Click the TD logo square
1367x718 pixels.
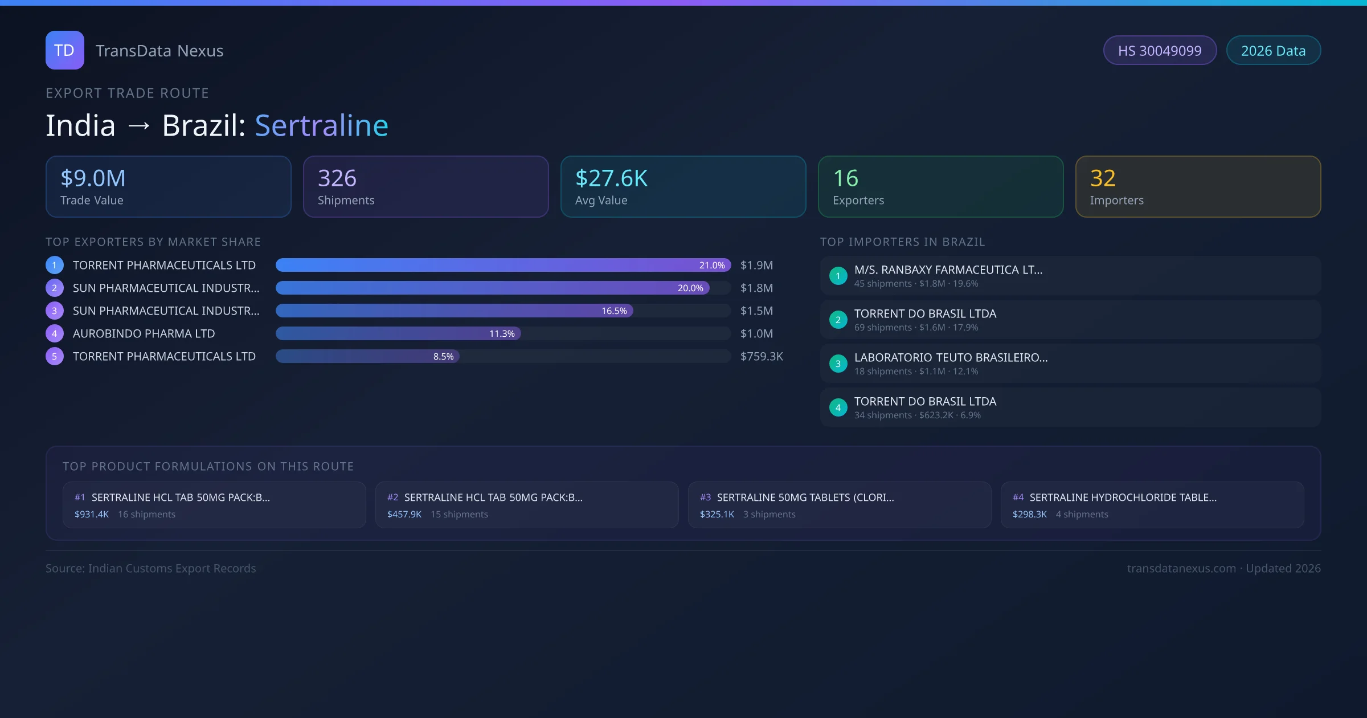(65, 50)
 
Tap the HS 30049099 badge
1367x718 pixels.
(1160, 51)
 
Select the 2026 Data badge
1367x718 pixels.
(1273, 51)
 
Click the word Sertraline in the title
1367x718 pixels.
(321, 125)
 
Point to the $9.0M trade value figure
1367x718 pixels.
(93, 178)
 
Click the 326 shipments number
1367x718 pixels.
(337, 178)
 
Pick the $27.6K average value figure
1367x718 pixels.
(611, 178)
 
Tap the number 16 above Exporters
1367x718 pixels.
(845, 178)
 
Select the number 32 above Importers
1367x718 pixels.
(1103, 178)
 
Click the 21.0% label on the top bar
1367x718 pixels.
(712, 266)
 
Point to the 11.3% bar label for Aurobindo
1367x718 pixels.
(502, 334)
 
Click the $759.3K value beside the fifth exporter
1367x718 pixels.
(762, 357)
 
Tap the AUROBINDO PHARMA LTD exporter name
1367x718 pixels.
(144, 334)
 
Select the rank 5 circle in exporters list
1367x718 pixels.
(55, 357)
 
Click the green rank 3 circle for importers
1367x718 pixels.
(838, 364)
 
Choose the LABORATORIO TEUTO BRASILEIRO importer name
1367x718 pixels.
(951, 358)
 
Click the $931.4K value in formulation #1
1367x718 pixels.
(92, 515)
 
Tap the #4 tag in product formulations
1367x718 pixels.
(1018, 497)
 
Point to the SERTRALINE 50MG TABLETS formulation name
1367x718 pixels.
(805, 497)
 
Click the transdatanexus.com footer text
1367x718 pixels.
(1181, 569)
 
